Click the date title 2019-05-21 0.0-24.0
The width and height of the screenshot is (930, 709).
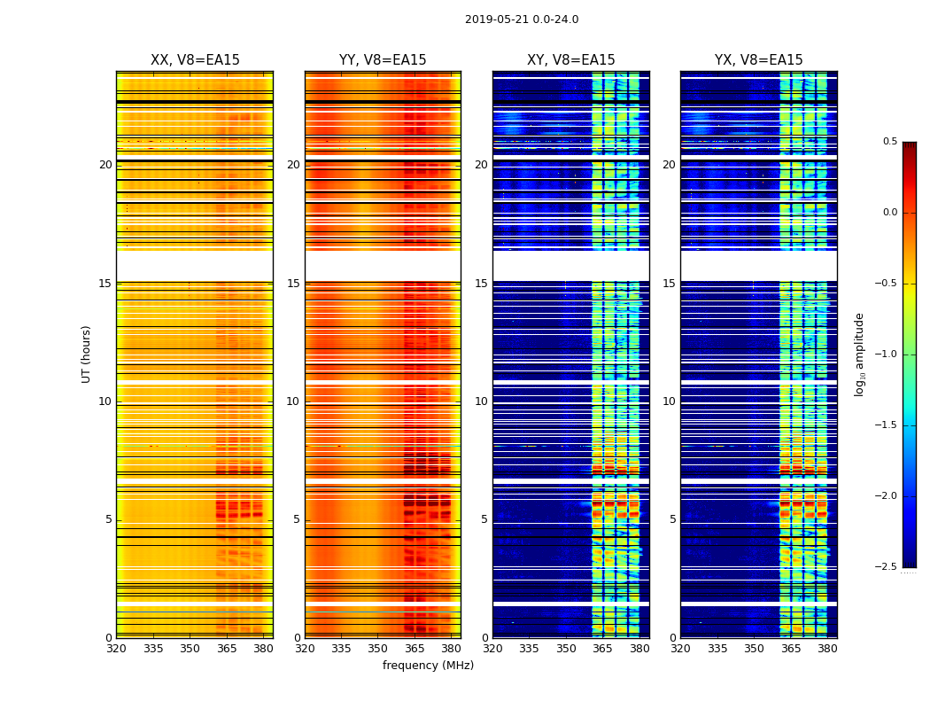click(522, 19)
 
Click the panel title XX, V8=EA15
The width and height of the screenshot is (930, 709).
click(195, 60)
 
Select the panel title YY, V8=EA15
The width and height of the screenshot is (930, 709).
click(383, 60)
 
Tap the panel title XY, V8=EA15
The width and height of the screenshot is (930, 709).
click(570, 60)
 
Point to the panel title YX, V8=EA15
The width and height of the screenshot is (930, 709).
click(758, 60)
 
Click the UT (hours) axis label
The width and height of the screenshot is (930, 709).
click(86, 354)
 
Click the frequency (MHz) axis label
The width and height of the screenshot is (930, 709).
click(428, 666)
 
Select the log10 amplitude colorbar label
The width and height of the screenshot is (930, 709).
click(859, 354)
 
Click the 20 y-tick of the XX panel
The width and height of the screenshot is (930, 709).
click(105, 165)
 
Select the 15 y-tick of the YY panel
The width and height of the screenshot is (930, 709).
click(293, 284)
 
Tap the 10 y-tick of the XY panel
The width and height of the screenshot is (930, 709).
click(481, 401)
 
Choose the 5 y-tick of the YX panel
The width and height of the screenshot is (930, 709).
click(672, 519)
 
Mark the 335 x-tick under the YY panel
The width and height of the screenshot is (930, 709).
click(341, 648)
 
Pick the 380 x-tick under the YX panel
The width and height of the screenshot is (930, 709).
click(827, 648)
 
